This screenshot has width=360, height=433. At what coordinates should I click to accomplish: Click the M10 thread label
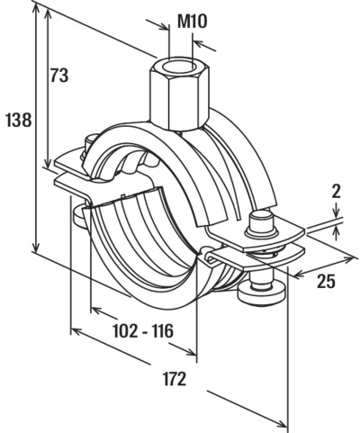point(193,22)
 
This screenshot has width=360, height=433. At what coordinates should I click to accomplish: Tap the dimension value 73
point(59,76)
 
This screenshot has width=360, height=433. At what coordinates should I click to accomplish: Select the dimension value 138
point(19,120)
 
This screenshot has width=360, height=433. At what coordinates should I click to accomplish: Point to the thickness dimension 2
point(337,192)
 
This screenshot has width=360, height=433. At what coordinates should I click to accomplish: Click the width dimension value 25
point(327,281)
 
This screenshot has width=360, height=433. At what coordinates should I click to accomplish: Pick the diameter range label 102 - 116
point(143,331)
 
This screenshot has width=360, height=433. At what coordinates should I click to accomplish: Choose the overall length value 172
point(175,379)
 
